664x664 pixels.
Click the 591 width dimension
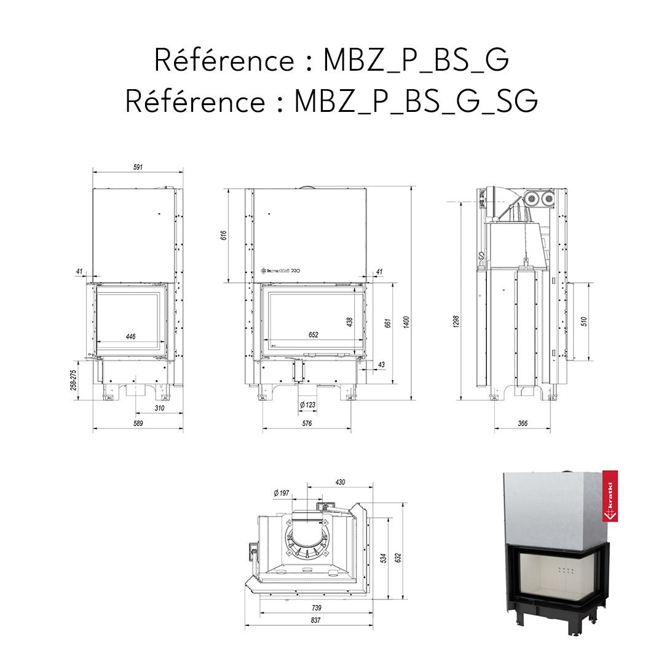pos(138,167)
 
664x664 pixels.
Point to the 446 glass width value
pos(130,336)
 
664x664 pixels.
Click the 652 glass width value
pos(313,335)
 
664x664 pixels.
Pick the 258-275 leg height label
pos(74,379)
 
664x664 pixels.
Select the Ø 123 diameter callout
pos(307,405)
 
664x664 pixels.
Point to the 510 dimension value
pos(584,321)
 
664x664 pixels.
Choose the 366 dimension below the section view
pos(523,424)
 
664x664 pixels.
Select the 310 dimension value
pos(159,408)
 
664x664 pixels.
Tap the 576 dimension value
pos(307,424)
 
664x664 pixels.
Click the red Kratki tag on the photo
pos(610,496)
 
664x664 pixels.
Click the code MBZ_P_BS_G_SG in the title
pos(416,100)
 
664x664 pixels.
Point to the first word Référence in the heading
pos(224,60)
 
